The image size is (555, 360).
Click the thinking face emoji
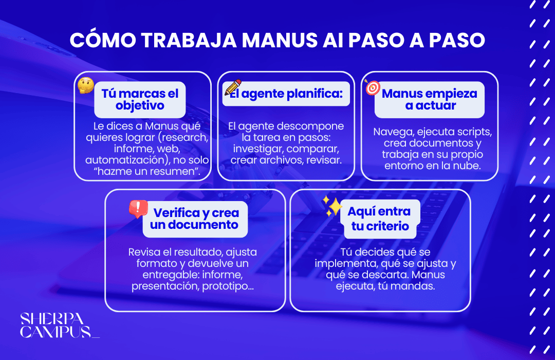pos(85,85)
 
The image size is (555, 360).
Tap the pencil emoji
pos(232,87)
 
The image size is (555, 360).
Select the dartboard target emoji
pos(372,87)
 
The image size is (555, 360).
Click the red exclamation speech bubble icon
pos(138,208)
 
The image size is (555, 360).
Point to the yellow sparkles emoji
pos(332,206)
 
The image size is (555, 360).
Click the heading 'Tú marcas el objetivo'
pos(140,100)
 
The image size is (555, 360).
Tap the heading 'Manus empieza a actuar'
pos(430,100)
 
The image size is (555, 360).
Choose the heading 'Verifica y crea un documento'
pos(196,219)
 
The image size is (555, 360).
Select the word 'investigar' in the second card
pos(258,149)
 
